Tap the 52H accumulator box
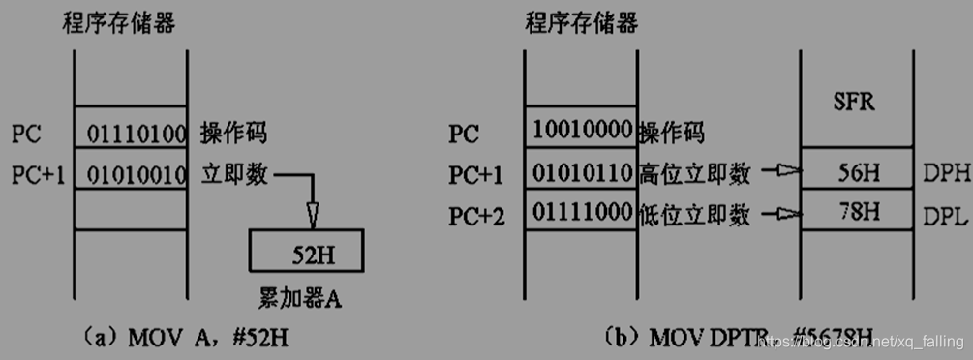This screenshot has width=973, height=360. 307,254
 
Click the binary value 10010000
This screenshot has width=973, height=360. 581,132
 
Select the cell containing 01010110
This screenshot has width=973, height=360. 581,174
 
